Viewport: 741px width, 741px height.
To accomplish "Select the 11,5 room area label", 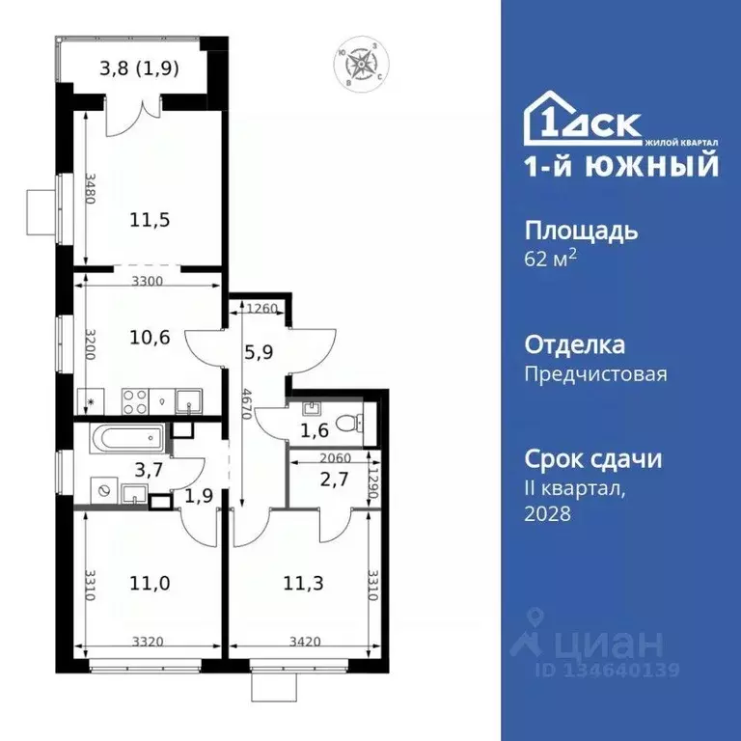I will tap(150, 219).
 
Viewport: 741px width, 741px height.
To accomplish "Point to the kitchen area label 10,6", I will tap(150, 338).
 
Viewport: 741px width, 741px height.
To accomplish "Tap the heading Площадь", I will tap(580, 231).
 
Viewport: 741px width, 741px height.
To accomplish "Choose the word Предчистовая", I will tap(595, 373).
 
